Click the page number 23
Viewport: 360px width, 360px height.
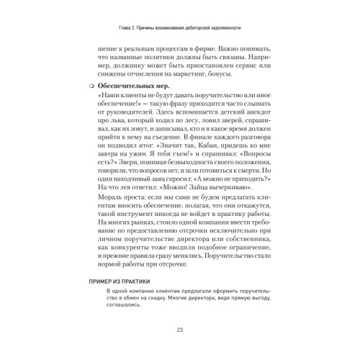point(179,330)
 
